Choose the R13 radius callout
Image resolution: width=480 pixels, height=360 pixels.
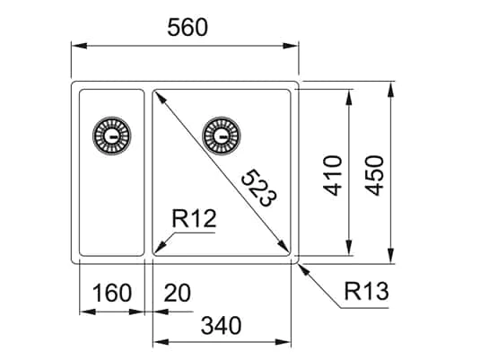point(366,291)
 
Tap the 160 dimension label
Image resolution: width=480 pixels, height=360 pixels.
point(112,293)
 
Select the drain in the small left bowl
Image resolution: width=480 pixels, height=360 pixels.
point(111,136)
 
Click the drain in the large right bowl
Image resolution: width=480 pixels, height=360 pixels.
point(221,136)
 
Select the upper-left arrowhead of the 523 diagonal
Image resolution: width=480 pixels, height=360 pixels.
point(158,95)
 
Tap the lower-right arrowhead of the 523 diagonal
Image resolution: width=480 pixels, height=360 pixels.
point(288,252)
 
